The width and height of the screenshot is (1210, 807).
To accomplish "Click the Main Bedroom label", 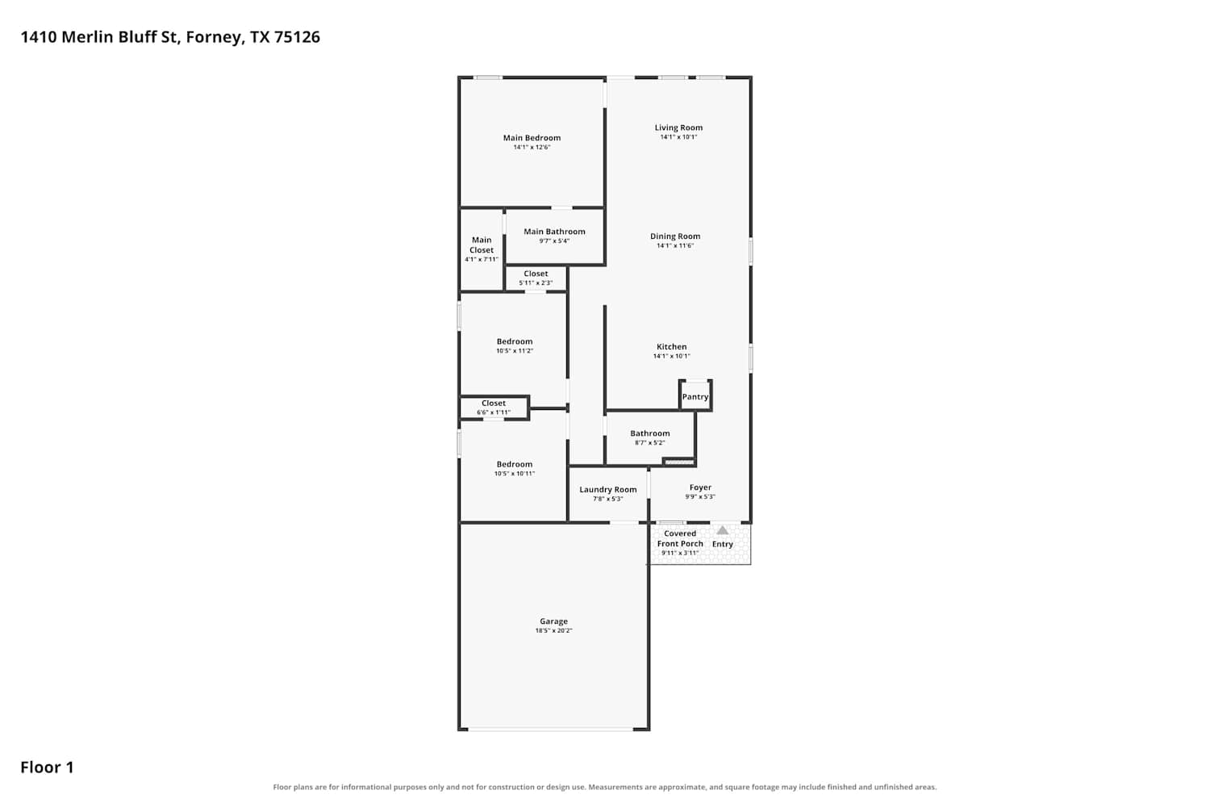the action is click(532, 138).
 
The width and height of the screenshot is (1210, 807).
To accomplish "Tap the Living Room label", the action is click(678, 128).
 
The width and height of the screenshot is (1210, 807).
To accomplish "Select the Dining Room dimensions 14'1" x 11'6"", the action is click(674, 245).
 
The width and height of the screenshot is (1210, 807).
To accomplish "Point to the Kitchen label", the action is click(671, 346).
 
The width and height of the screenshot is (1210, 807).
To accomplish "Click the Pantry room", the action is click(695, 395).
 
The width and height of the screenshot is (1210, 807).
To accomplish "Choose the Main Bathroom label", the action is click(554, 232).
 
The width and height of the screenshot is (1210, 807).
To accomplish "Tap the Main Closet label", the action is click(482, 245).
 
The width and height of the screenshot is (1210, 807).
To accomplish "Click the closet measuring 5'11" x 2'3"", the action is click(536, 278).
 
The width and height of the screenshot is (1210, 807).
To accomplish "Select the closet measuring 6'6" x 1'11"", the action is click(494, 408).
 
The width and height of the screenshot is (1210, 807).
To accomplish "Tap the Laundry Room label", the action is click(607, 489).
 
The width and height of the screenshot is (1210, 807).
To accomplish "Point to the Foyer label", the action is click(700, 487).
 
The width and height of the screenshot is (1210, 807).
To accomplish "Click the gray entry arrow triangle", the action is click(722, 530).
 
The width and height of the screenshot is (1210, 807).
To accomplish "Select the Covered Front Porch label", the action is click(680, 538).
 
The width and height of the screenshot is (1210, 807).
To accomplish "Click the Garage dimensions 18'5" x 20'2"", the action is click(553, 630).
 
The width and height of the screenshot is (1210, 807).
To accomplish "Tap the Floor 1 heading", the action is click(47, 767).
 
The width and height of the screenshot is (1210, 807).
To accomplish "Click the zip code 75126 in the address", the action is click(297, 37).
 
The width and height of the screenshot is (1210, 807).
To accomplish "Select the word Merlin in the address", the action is click(87, 37).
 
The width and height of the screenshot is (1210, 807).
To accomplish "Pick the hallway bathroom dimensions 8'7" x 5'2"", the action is click(650, 443).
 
